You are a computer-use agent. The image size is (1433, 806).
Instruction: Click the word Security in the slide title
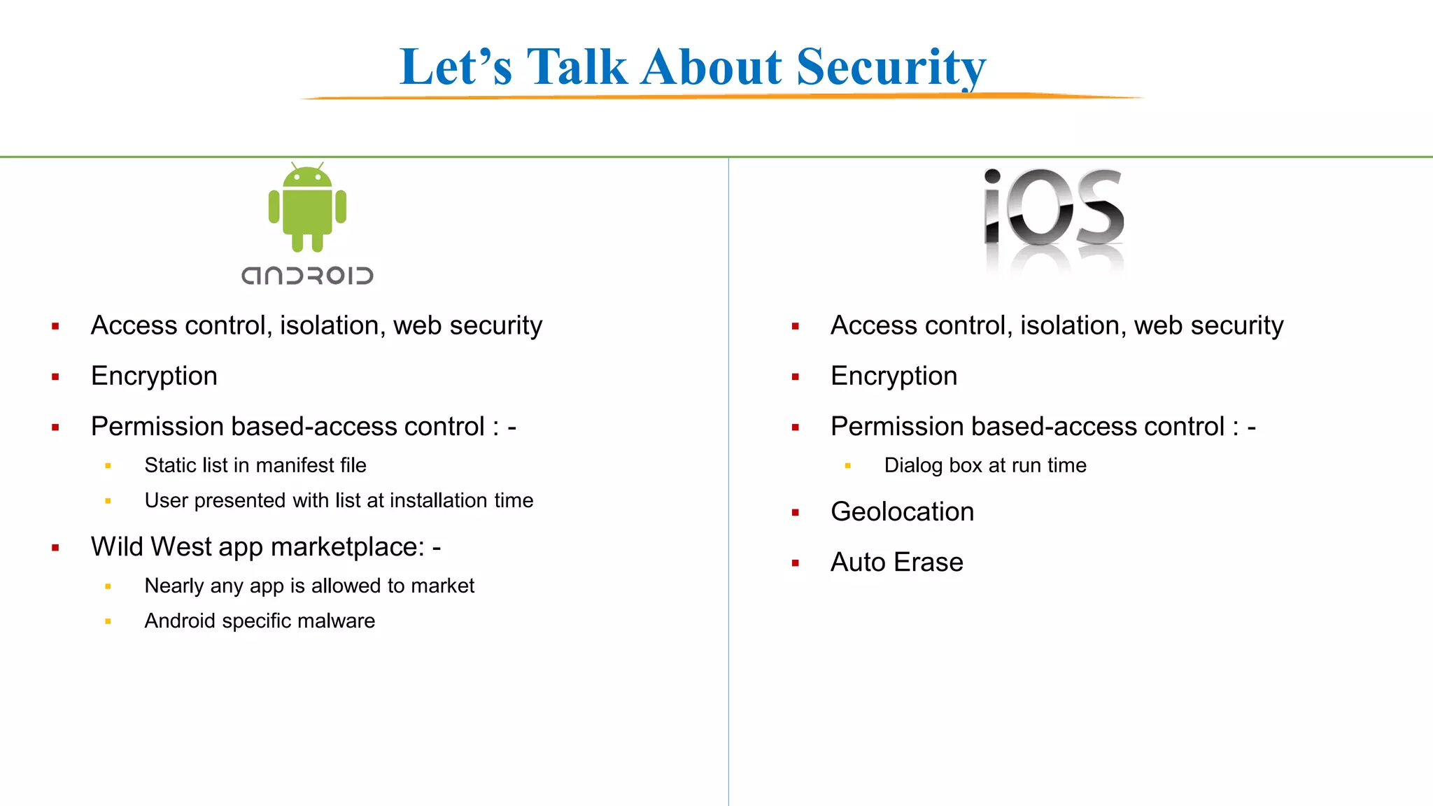click(891, 67)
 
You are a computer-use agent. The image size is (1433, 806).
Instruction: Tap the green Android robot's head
click(307, 178)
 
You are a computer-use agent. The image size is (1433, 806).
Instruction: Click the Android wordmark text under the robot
click(307, 276)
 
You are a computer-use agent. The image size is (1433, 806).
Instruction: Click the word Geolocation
click(902, 511)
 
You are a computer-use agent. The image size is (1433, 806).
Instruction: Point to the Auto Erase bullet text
click(896, 562)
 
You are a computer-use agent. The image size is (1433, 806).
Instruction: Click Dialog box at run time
click(984, 465)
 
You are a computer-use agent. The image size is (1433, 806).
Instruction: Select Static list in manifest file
click(255, 465)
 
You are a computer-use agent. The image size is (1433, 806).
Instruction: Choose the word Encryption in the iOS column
click(894, 376)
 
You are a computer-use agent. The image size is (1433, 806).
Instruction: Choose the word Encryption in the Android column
click(154, 376)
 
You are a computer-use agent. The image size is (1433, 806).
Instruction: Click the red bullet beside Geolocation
click(795, 513)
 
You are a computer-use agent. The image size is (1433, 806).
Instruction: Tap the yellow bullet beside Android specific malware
click(108, 621)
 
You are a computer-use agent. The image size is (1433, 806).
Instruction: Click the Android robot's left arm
click(274, 207)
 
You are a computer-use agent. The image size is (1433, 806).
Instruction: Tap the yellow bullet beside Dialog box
click(847, 466)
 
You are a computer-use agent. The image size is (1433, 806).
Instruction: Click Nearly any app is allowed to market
click(309, 586)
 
